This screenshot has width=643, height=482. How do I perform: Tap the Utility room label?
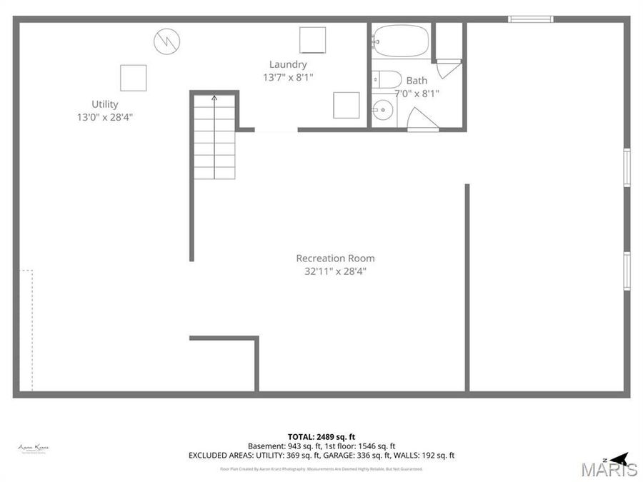(105, 104)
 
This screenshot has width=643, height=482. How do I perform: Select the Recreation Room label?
(335, 258)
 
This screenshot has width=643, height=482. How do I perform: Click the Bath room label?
(417, 81)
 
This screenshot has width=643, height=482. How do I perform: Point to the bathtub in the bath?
(401, 41)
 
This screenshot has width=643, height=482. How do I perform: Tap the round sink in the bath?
(382, 111)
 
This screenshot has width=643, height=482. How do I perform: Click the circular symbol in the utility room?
(166, 41)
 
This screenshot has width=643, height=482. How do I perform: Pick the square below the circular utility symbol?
(133, 78)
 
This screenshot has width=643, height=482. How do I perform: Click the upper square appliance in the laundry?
(312, 39)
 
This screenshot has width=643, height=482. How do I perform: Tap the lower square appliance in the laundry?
(346, 105)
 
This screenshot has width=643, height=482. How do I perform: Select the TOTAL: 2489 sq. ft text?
(321, 436)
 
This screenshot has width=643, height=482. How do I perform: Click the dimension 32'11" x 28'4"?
(335, 271)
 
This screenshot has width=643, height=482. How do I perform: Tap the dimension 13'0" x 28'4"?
(105, 117)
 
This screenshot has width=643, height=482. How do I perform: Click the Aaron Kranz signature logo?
(34, 448)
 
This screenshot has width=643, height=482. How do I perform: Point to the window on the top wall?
(530, 19)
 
